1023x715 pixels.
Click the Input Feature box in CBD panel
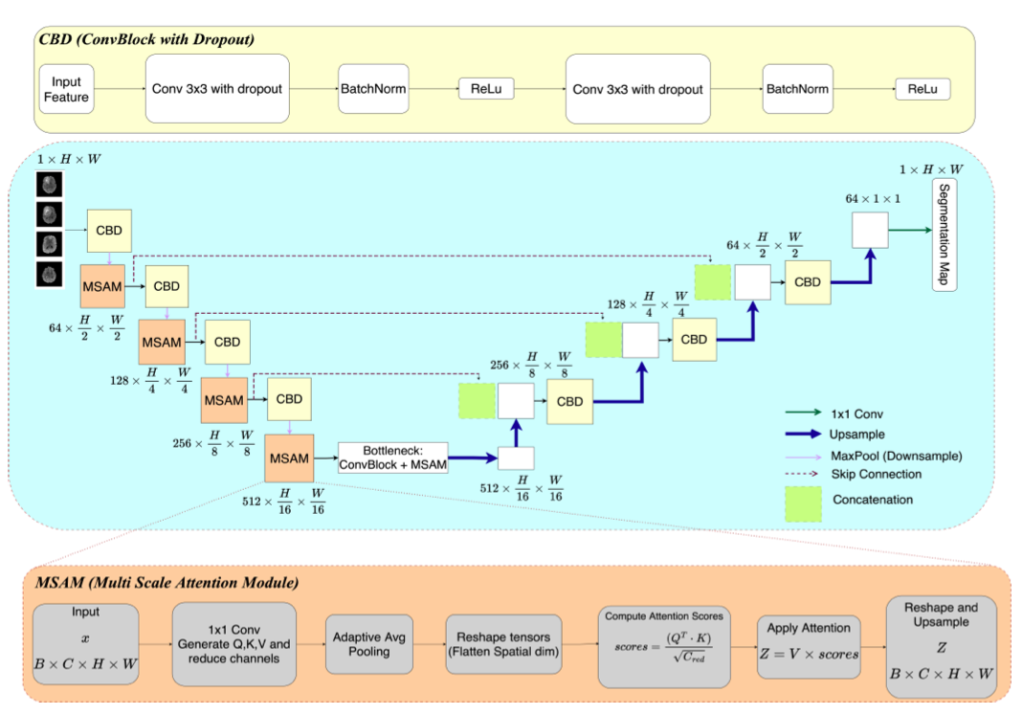(67, 90)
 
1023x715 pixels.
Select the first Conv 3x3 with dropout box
(217, 89)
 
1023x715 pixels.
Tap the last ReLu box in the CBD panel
(923, 90)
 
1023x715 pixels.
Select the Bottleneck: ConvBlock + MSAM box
(393, 458)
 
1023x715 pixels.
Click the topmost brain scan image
(47, 184)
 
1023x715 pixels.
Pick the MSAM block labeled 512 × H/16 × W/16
(289, 458)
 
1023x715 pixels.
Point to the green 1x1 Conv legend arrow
(805, 413)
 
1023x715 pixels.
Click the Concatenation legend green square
(805, 499)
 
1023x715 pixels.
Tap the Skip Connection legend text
(877, 474)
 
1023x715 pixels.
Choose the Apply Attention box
(809, 644)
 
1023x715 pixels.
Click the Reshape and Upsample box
(941, 644)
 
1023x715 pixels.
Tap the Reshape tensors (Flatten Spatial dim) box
(504, 644)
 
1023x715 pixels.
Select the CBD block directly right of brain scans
(109, 232)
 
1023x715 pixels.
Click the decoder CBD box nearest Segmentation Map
(808, 282)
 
